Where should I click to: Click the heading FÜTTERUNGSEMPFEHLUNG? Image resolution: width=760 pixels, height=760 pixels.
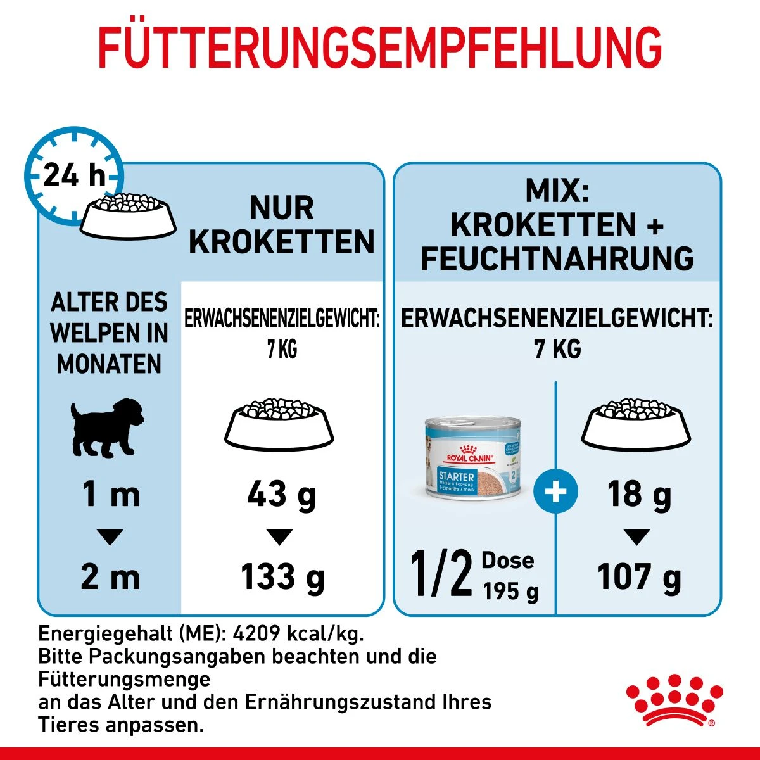380,47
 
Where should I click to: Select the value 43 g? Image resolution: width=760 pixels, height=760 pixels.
281,495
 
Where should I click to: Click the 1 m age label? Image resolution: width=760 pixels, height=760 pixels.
110,495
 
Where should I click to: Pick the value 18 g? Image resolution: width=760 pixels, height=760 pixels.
638,495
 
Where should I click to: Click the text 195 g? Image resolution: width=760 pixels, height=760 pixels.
510,592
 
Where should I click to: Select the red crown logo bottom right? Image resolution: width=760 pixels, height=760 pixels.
674,700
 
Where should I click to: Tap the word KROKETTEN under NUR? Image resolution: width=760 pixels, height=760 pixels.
282,242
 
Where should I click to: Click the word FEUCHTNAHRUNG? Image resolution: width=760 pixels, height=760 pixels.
557,258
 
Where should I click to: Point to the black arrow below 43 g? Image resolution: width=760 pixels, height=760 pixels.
279,537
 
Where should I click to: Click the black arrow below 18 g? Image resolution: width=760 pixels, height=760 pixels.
636,537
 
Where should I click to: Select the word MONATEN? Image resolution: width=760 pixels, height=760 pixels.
110,364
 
